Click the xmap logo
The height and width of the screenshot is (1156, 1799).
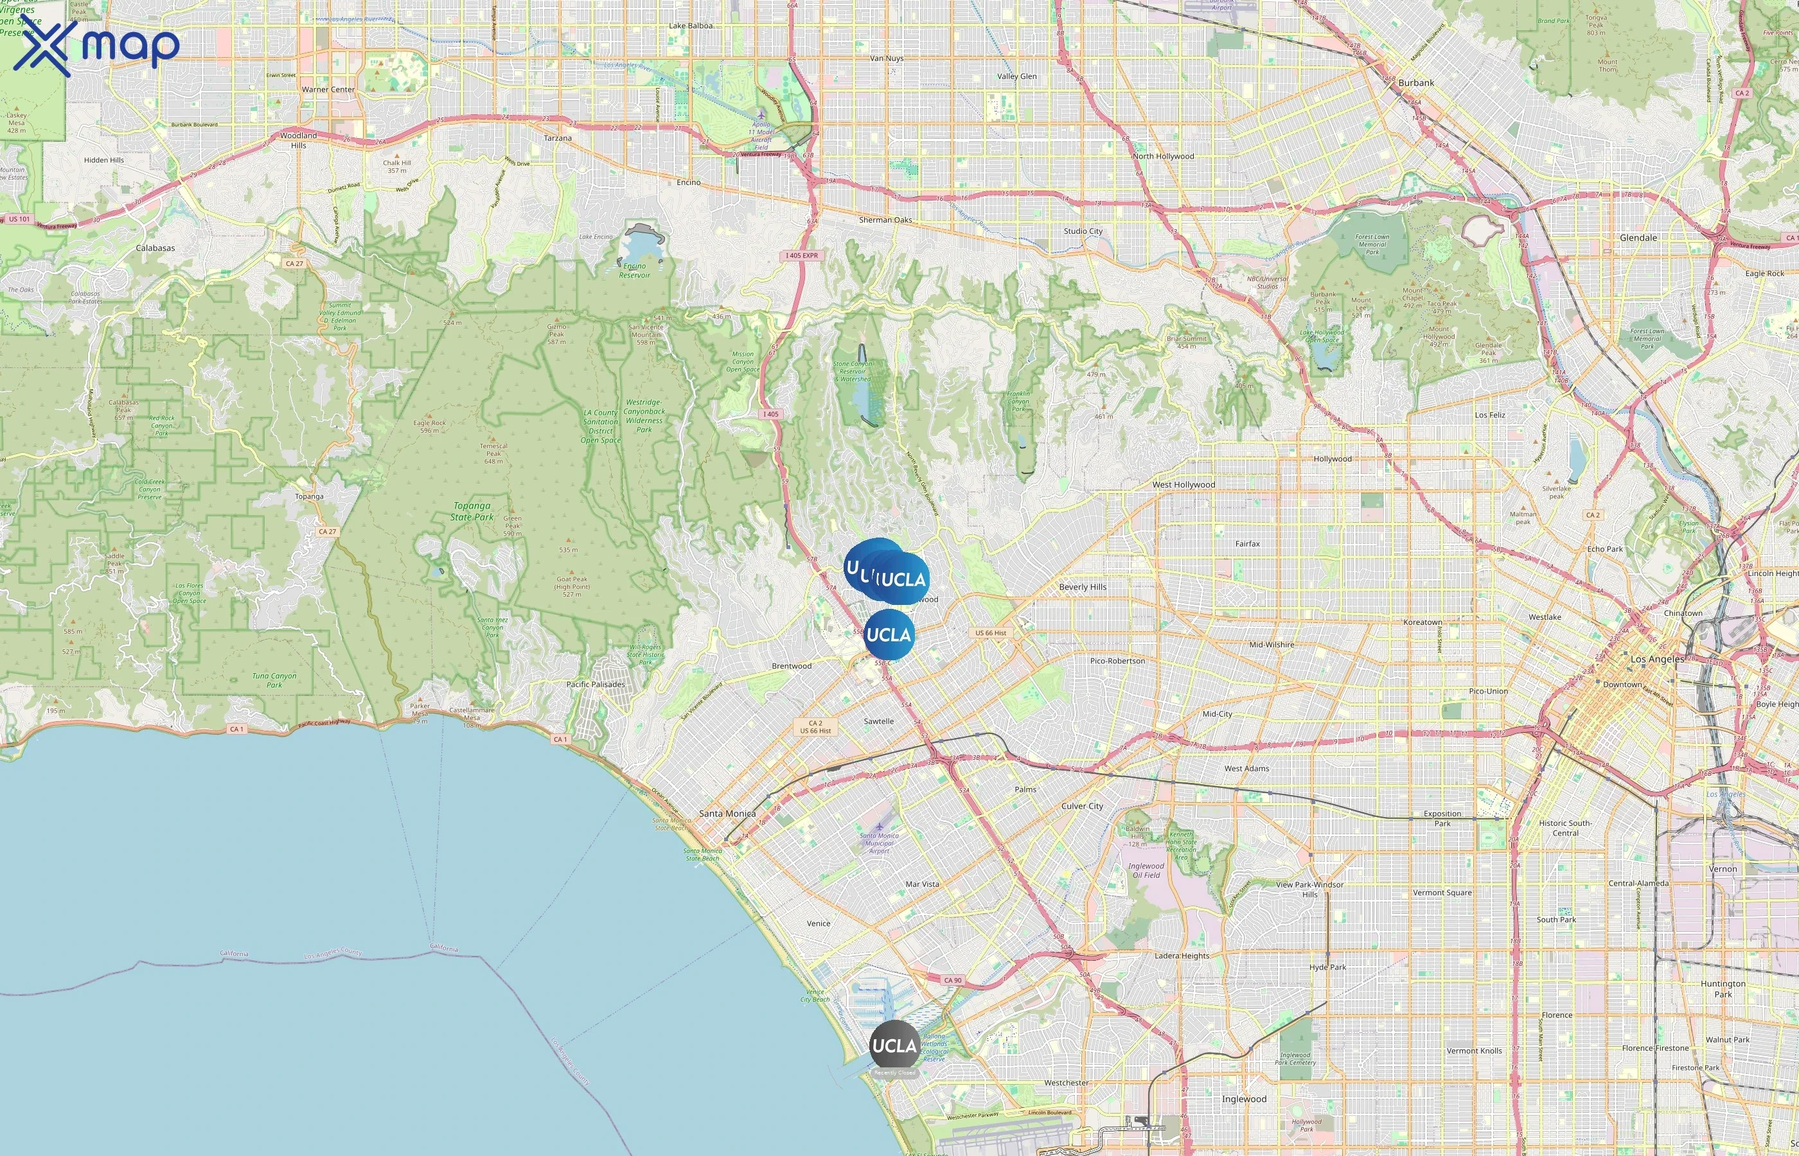click(96, 46)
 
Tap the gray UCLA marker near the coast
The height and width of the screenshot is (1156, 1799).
click(894, 1045)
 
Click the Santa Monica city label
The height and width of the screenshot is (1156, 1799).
click(727, 814)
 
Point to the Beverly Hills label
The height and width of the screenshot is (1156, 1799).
click(1082, 587)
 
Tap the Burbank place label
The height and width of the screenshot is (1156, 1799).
click(1416, 83)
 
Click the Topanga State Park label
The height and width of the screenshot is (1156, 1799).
click(472, 511)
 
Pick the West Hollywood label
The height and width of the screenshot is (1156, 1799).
click(1183, 485)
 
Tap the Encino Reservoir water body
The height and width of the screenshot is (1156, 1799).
click(638, 244)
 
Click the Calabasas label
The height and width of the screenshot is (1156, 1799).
click(155, 249)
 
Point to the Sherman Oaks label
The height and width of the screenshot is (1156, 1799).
click(885, 220)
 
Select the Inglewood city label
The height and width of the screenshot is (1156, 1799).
click(1243, 1099)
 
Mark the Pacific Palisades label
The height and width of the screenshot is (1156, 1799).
click(595, 685)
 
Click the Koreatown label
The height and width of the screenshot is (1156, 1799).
click(1422, 622)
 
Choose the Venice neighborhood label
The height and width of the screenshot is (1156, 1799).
click(819, 924)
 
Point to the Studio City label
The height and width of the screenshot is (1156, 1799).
click(1083, 231)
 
